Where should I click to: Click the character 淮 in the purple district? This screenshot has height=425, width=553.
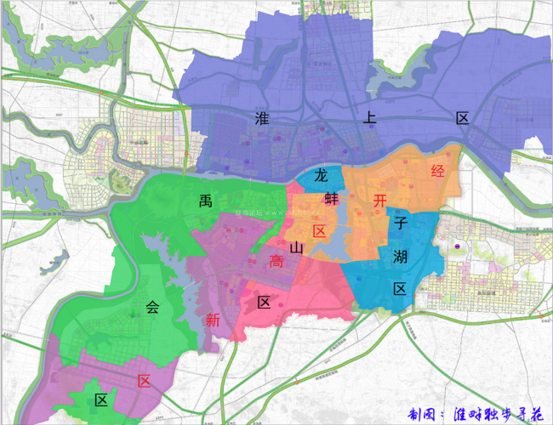point(261,118)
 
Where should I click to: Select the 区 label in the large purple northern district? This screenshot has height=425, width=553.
point(462,118)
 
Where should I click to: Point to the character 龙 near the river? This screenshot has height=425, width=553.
point(322,176)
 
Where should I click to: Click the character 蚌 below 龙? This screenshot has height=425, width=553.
point(331,201)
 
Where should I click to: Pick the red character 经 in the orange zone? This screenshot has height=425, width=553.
point(438,172)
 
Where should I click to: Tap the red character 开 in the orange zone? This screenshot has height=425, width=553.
point(380,201)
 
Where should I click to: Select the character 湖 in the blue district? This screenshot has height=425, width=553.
point(400,256)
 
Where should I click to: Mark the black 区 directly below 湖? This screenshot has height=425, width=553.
point(400,288)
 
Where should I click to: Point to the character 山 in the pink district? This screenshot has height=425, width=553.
point(296,247)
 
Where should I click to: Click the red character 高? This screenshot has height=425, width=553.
point(276,263)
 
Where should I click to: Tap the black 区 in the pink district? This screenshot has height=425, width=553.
point(264,302)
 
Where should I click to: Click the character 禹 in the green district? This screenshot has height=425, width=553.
point(205,201)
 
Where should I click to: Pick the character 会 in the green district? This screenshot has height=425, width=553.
point(152,308)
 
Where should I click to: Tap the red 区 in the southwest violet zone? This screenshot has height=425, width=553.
point(145,381)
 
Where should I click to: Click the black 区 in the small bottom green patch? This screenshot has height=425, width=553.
point(101,400)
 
